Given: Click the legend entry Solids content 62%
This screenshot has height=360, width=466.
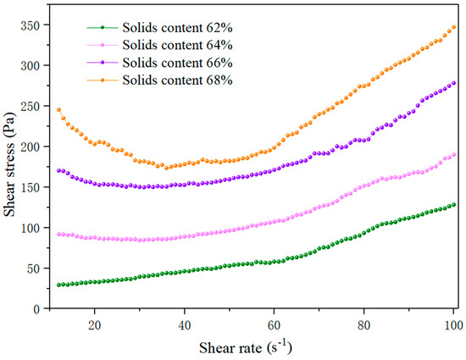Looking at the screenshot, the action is [159, 28].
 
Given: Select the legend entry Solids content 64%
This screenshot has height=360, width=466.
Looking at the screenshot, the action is [159, 45].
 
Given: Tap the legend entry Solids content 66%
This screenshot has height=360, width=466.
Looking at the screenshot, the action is [159, 63].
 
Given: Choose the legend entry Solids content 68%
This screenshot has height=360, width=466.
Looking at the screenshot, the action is [159, 80].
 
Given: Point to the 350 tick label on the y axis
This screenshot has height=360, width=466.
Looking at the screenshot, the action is [30, 25].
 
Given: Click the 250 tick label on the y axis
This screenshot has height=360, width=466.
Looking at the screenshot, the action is [30, 107].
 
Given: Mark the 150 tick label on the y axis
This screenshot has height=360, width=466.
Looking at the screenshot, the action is [30, 187].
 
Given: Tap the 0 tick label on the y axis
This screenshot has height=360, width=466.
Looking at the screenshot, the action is [36, 309].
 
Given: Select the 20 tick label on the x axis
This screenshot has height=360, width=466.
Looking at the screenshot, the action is [95, 325].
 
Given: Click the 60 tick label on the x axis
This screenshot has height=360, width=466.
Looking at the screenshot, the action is [274, 325].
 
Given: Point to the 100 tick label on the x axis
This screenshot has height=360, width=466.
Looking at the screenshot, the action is [453, 325].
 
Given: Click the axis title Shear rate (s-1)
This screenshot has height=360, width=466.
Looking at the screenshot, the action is [246, 347].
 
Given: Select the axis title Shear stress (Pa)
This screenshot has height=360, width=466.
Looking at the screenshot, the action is [9, 164].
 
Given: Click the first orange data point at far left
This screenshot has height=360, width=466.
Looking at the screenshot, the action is [58, 109].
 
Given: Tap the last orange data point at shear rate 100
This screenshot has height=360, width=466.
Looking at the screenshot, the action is [453, 27].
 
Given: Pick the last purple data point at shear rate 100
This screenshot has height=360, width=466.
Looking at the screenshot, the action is [453, 83].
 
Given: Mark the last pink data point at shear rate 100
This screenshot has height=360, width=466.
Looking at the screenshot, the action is [453, 155].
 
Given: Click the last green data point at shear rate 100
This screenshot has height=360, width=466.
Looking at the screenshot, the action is [453, 205].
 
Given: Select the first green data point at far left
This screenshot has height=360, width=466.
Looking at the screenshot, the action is [58, 285].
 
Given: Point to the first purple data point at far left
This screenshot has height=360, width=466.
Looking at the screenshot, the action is [58, 170].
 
